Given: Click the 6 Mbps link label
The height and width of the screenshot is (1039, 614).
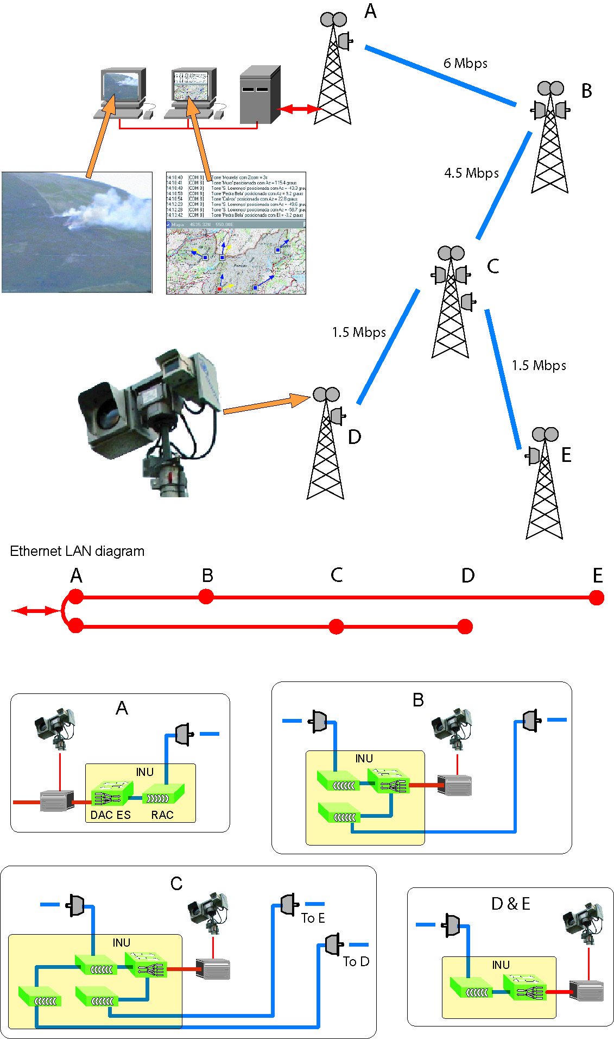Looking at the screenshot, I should coord(465,64).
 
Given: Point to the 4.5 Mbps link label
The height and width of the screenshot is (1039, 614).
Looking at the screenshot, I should coord(471,173).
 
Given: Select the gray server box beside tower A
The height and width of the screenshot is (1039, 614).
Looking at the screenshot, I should coord(259,96).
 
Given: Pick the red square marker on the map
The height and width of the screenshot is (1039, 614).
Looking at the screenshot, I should coord(219,289).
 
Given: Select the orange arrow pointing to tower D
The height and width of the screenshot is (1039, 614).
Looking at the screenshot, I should coord(266,405).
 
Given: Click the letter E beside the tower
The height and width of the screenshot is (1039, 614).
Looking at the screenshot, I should coord(566,455).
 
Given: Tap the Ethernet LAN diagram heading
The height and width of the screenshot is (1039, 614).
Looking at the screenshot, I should coord(77,551).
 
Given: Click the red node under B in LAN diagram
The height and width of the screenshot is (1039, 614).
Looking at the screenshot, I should coord(206,597).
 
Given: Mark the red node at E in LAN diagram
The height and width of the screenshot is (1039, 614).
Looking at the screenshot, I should coord(596,598).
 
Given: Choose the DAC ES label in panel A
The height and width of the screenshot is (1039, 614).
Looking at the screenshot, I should coord(110,815).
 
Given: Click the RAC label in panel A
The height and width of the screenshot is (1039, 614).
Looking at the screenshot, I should coord(162,815).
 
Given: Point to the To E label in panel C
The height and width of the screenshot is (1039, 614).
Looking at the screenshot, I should coord(313,918).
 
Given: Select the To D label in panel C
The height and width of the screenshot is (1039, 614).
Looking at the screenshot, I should coord(356,962).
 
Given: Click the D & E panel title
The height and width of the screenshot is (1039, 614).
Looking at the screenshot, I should coord(510,904).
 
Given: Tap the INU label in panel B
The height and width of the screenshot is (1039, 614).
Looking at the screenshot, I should coord(364,759).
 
